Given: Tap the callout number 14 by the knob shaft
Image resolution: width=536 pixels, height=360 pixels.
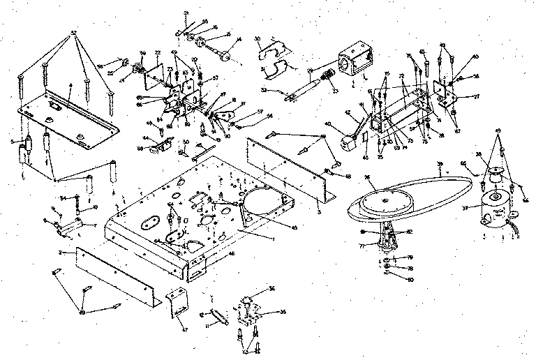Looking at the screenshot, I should (x=239, y=40).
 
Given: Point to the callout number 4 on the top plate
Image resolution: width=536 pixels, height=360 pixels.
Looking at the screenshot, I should (x=70, y=85).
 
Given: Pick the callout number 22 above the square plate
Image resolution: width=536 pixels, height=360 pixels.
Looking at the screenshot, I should (x=158, y=52).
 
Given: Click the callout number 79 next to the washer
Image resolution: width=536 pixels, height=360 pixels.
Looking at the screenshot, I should (x=410, y=257).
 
